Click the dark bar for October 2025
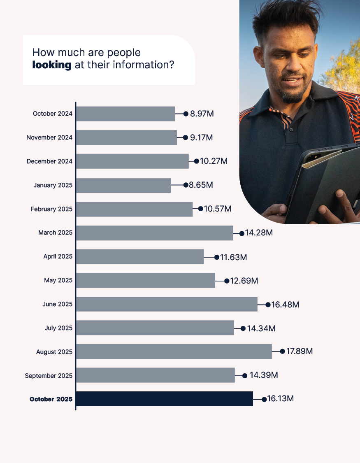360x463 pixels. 165,399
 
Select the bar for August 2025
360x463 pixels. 174,351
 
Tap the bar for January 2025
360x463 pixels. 123,185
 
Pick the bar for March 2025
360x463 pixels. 155,233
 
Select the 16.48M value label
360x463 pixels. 285,305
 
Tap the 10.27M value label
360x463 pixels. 214,161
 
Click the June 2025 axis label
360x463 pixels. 57,305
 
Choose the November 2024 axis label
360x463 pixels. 49,137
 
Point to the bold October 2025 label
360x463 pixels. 51,399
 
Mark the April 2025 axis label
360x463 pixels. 58,257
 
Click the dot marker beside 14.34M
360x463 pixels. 243,328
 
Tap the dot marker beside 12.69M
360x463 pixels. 227,281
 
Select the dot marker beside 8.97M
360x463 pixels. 186,114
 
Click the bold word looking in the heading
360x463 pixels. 52,65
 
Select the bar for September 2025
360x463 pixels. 156,375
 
